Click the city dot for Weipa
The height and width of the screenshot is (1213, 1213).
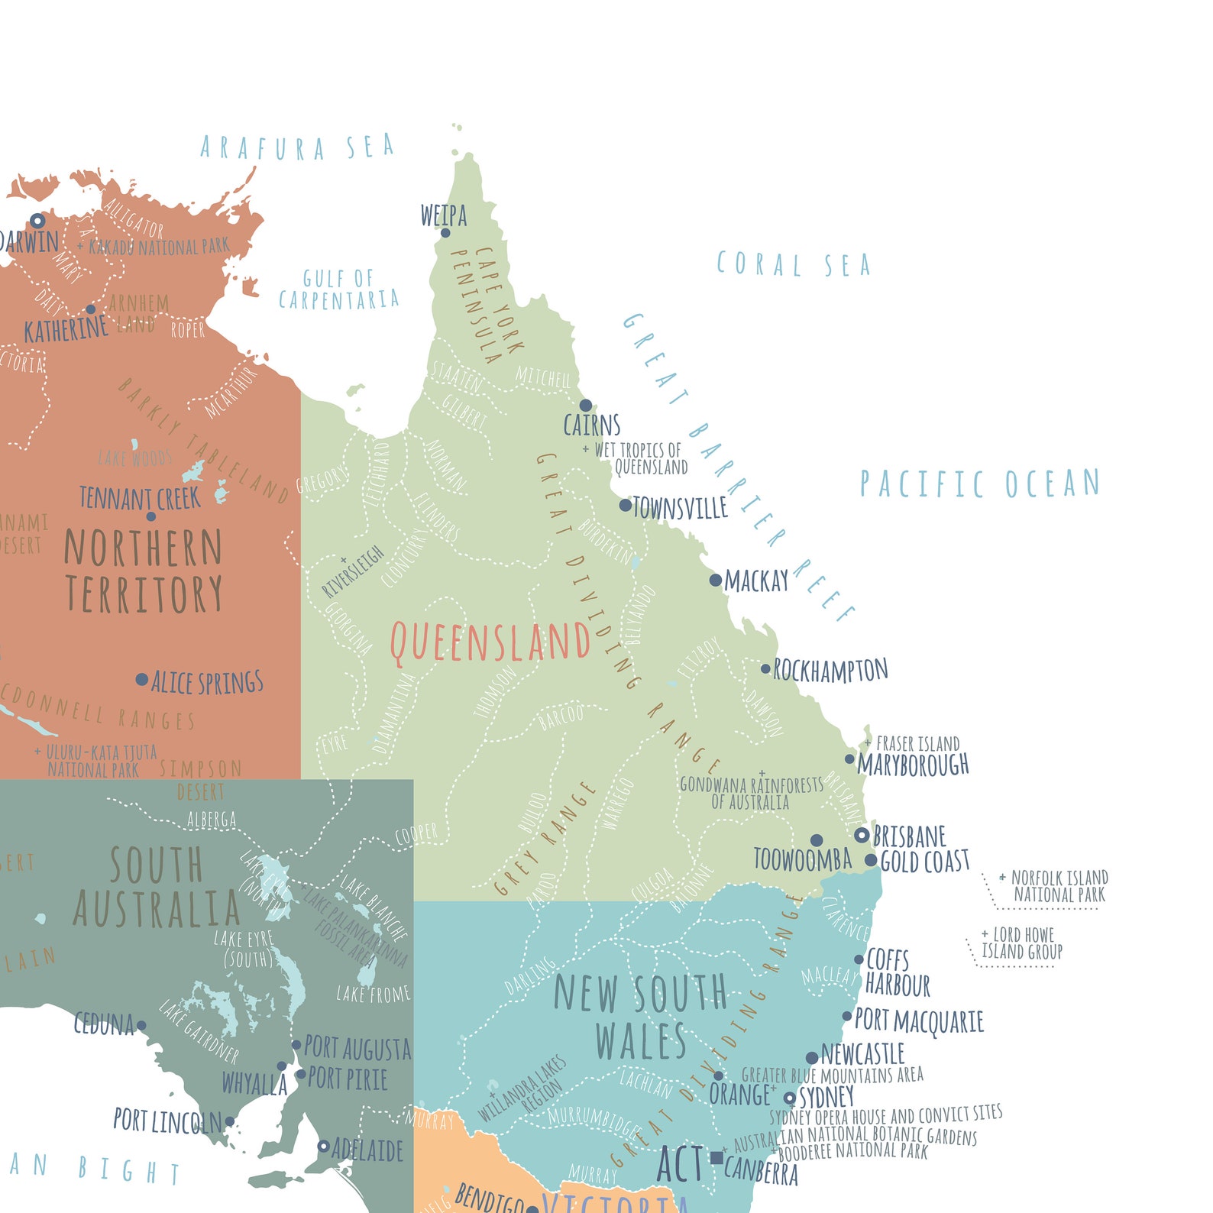point(445,233)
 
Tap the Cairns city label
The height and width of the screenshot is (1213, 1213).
point(591,425)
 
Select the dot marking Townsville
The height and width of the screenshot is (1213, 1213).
point(625,505)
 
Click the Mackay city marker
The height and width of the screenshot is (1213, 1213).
point(715,580)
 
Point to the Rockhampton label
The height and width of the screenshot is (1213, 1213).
point(830,671)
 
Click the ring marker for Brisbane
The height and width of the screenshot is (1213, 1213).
point(862,835)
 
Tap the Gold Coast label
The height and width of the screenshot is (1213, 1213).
point(924,862)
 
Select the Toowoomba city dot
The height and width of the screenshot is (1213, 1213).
point(817,840)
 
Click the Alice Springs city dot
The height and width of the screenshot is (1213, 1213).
point(141,679)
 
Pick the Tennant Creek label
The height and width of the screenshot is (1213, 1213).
point(140,499)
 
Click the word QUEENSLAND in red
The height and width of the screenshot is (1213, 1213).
point(490,642)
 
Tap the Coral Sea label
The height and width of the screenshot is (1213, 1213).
point(793,265)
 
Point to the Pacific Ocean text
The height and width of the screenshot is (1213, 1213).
point(979,484)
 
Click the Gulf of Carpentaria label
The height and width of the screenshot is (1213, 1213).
point(338,289)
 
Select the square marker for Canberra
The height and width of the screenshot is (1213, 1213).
point(716,1157)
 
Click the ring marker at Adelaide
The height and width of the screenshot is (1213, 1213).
point(323,1146)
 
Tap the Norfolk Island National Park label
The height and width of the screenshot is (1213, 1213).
point(1059,886)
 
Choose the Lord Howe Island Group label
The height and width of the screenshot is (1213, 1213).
point(1022,943)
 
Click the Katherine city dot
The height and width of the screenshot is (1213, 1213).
point(91,309)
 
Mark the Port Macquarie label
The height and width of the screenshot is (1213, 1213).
point(918,1021)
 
